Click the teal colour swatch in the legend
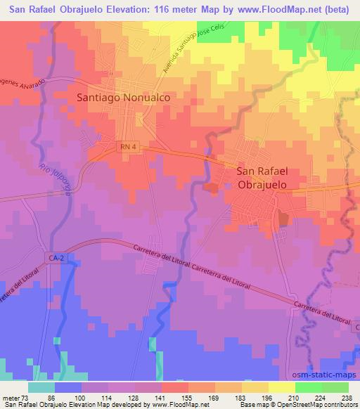43,387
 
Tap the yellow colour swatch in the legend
281,387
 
